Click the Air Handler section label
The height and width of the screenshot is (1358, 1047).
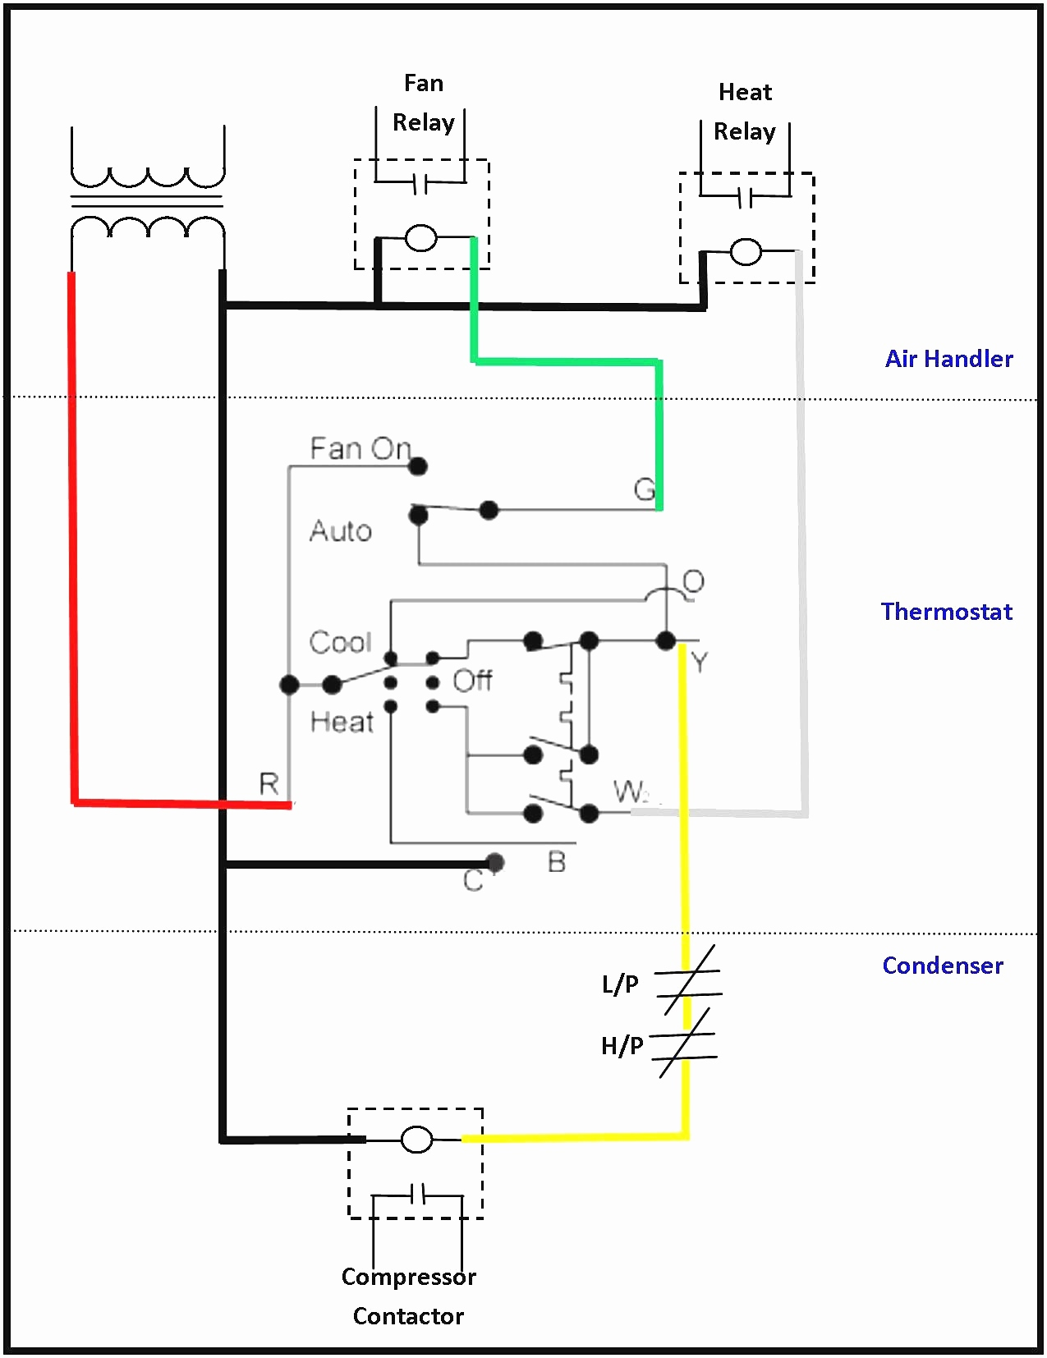pyautogui.click(x=948, y=359)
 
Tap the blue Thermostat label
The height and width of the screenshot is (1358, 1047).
pyautogui.click(x=946, y=611)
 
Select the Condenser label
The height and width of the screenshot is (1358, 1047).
pyautogui.click(x=943, y=966)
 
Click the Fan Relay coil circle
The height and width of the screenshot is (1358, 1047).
pyautogui.click(x=420, y=238)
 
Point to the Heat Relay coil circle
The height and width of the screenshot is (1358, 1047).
pyautogui.click(x=746, y=252)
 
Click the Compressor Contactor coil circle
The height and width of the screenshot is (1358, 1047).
pyautogui.click(x=416, y=1140)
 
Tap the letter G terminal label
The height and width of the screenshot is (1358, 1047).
pyautogui.click(x=645, y=489)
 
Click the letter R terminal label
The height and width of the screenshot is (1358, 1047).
pyautogui.click(x=269, y=783)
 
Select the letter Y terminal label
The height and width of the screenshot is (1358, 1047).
pyautogui.click(x=700, y=662)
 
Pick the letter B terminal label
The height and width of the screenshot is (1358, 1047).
pyautogui.click(x=556, y=862)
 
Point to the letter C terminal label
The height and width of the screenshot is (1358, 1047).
pyautogui.click(x=472, y=880)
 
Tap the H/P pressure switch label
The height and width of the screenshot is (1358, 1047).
pyautogui.click(x=622, y=1045)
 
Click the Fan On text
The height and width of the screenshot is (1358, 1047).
pyautogui.click(x=360, y=449)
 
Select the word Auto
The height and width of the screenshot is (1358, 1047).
pyautogui.click(x=341, y=531)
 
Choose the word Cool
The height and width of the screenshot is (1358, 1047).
pyautogui.click(x=341, y=642)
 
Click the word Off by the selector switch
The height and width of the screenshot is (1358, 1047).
pyautogui.click(x=472, y=680)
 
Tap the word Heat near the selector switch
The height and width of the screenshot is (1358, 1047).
pyautogui.click(x=342, y=722)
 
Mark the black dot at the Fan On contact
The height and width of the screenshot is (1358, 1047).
pyautogui.click(x=417, y=466)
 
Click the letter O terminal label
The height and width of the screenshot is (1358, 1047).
pyautogui.click(x=693, y=582)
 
